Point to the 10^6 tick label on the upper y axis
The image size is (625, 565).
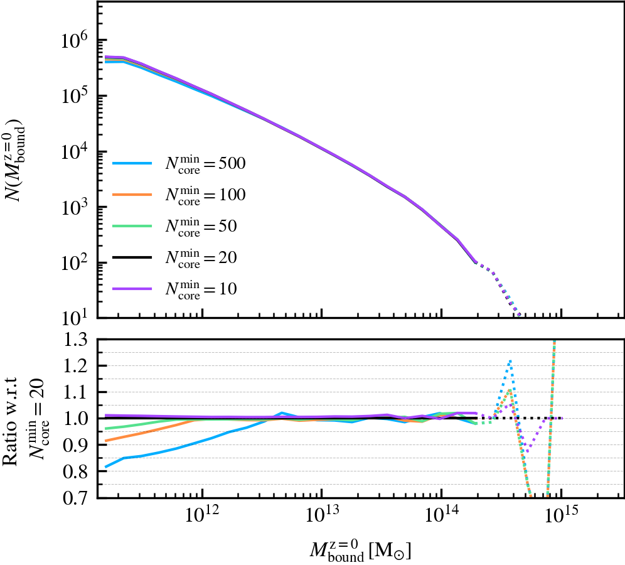pyautogui.click(x=76, y=41)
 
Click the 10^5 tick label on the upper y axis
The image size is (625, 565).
pyautogui.click(x=76, y=96)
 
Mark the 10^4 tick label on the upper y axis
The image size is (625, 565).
pyautogui.click(x=76, y=152)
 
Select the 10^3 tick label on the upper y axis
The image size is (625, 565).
pyautogui.click(x=76, y=207)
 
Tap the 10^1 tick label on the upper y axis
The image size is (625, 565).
pyautogui.click(x=76, y=318)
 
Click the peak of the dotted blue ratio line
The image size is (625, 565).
pyautogui.click(x=511, y=360)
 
